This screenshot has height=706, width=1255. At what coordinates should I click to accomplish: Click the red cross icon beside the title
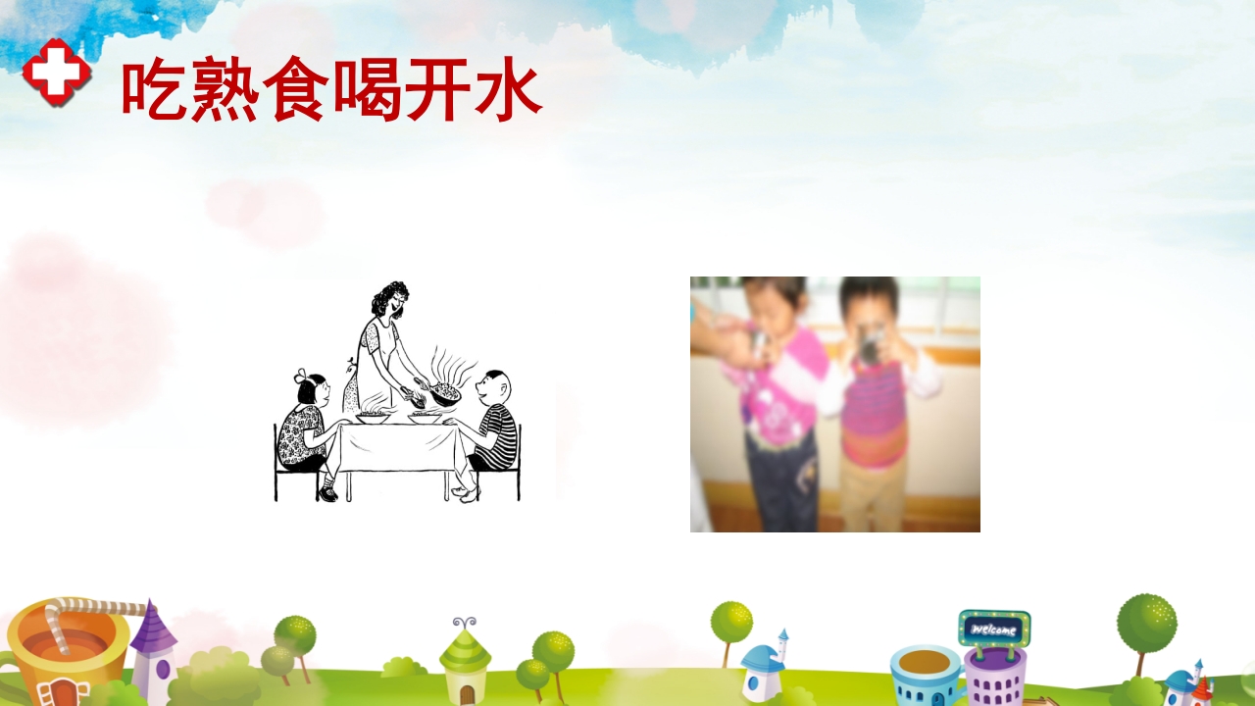tap(57, 72)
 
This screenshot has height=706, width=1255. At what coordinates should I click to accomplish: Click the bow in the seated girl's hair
tap(302, 377)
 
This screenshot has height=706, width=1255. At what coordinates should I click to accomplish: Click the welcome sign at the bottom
tap(993, 628)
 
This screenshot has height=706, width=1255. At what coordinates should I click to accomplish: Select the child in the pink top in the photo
tap(775, 392)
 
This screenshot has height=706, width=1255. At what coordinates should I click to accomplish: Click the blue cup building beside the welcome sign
tap(926, 672)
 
